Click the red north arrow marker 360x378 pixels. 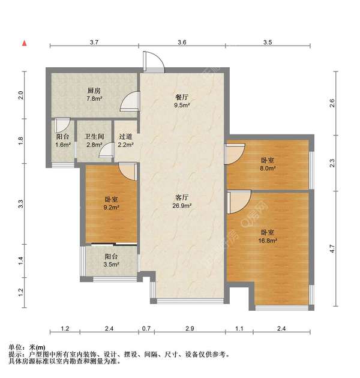pos(25,43)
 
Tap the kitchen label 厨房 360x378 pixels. pos(94,91)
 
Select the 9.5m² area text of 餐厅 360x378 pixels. pos(182,105)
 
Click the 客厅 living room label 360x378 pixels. pos(182,197)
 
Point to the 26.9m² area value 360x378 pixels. pos(182,206)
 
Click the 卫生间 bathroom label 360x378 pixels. pos(94,137)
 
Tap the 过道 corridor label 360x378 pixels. pos(125,137)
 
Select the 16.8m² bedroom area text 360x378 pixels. pos(268,241)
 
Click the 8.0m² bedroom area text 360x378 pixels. pos(268,168)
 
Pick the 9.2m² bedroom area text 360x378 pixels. pos(112,207)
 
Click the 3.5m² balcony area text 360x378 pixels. pos(112,265)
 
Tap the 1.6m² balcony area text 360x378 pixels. pos(63,145)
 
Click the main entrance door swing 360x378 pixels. pos(154,62)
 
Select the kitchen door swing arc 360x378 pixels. pos(130,101)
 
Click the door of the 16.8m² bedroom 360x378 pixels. pos(239,202)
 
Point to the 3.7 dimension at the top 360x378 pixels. pos(94,43)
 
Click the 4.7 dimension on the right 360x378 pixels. pos(332,248)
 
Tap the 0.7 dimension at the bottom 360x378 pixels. pos(146,328)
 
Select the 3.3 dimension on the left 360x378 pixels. pos(21,204)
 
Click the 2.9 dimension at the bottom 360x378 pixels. pos(190,328)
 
